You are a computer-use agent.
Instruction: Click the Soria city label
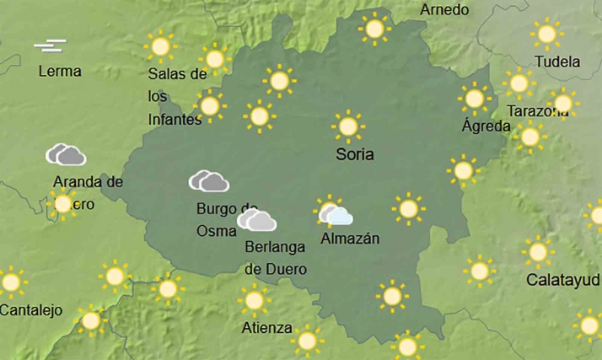click(354, 155)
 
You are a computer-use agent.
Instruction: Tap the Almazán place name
click(350, 239)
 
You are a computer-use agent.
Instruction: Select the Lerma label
click(59, 72)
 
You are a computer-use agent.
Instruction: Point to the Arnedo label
click(443, 10)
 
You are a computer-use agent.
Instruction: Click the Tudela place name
click(557, 62)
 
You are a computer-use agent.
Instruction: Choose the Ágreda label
click(486, 126)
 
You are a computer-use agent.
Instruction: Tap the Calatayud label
click(562, 279)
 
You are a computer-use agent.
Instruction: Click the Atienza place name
click(266, 328)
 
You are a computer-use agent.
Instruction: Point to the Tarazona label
click(537, 111)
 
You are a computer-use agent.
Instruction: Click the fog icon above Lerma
click(50, 46)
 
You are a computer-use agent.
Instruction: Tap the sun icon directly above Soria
click(347, 126)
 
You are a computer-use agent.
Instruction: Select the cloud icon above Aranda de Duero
click(66, 155)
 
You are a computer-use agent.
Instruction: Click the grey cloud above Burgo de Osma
click(209, 181)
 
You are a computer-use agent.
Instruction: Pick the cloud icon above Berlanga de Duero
click(257, 221)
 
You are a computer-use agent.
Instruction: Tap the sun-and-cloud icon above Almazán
click(334, 213)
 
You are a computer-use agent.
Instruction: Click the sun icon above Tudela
click(547, 35)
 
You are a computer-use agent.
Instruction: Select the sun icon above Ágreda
click(475, 99)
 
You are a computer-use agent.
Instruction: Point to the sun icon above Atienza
click(253, 299)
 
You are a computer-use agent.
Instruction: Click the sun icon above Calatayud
click(537, 251)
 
